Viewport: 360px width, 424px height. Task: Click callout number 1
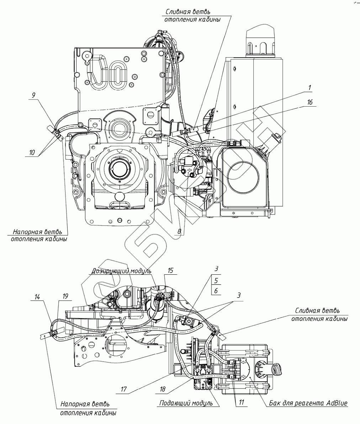tap(310, 87)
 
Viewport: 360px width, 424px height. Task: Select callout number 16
tap(310, 102)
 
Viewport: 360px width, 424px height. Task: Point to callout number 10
tap(33, 153)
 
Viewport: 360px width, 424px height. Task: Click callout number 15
tap(170, 270)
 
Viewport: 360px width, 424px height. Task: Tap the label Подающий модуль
tap(186, 403)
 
